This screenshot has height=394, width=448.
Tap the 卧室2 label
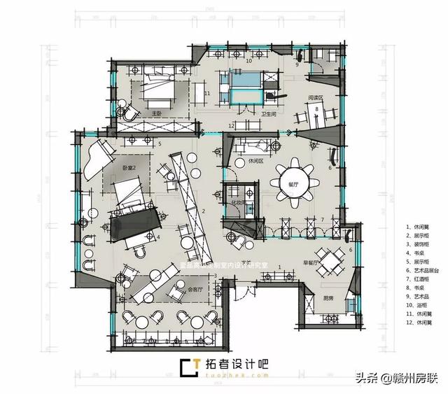coord(129,168)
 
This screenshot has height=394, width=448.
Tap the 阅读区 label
coord(315,99)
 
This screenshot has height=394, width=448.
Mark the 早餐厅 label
coord(312,263)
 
